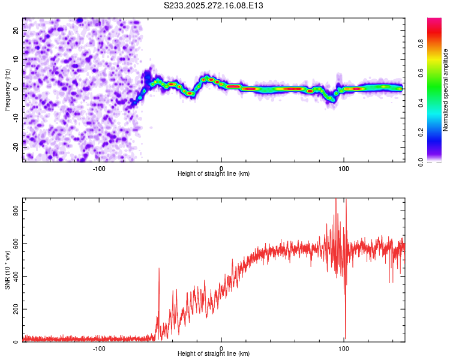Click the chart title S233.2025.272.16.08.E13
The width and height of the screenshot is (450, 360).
tap(214, 5)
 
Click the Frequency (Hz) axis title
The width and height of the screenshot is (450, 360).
tap(8, 89)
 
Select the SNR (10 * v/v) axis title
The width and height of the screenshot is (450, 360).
tap(8, 269)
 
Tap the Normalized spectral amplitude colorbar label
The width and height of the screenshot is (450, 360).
tap(446, 91)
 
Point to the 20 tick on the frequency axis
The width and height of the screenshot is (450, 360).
tap(16, 29)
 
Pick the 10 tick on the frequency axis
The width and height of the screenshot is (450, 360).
tap(16, 59)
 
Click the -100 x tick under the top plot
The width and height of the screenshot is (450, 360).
tap(99, 169)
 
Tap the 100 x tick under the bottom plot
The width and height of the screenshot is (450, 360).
tap(344, 349)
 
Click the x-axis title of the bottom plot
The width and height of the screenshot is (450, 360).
tap(214, 356)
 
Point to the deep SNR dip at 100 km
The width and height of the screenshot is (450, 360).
tap(346, 337)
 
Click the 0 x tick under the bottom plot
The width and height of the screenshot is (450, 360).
tap(221, 349)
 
